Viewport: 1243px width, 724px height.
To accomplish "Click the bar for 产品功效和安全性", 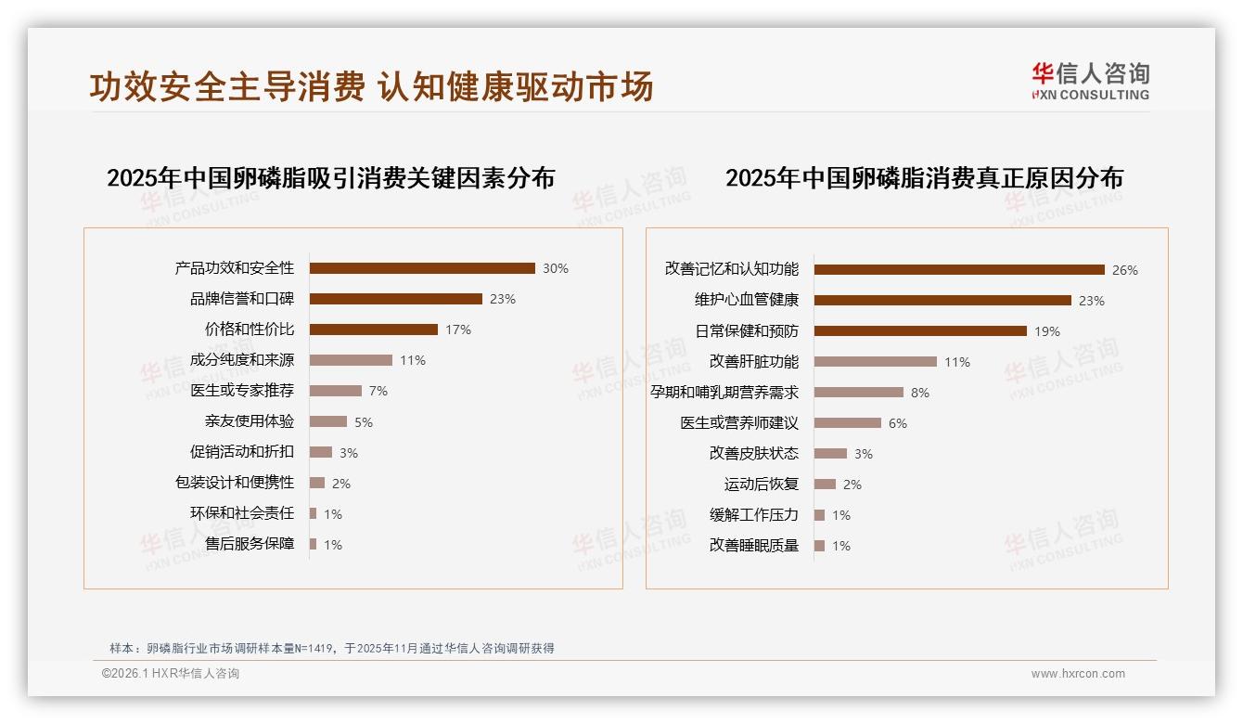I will [422, 268].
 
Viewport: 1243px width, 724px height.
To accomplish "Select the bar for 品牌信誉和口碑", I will [396, 299].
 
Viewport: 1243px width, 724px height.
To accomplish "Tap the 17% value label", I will [458, 330].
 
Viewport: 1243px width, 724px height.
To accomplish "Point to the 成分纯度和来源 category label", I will [242, 360].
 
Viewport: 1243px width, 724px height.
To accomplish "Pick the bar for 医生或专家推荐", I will [336, 391].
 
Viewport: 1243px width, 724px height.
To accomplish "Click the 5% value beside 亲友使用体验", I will [364, 422].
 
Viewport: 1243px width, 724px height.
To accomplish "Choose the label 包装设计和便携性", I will [235, 483].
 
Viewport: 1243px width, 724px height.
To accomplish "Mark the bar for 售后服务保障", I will [314, 544].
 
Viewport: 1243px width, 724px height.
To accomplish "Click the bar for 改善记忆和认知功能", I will [959, 269].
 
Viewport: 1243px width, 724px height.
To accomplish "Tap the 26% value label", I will [1125, 270].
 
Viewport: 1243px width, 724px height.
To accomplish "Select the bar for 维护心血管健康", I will [942, 300].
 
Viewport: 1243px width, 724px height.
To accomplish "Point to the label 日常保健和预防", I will [747, 331].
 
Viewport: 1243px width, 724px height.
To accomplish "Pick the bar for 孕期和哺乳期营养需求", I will [859, 392].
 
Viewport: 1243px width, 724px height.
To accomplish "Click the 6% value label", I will [898, 423].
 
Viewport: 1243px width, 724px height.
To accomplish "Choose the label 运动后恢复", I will [762, 485].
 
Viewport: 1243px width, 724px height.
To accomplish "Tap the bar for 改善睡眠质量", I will [820, 546].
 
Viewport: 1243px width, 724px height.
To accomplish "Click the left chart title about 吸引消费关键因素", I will [330, 177].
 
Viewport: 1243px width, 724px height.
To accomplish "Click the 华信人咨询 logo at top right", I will [1091, 81].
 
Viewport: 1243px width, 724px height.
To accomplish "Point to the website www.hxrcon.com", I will [1078, 674].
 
